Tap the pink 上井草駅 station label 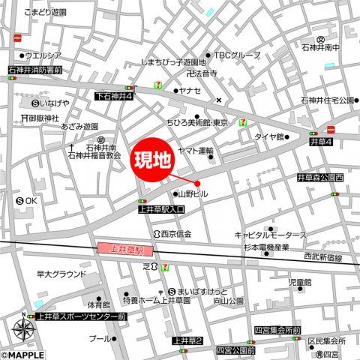pyautogui.click(x=125, y=248)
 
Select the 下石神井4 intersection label pyautogui.click(x=114, y=97)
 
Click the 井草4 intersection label pyautogui.click(x=320, y=142)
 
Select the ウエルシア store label pyautogui.click(x=43, y=55)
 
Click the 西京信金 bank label pyautogui.click(x=176, y=235)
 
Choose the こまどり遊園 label pyautogui.click(x=46, y=13)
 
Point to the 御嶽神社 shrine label pyautogui.click(x=49, y=118)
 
